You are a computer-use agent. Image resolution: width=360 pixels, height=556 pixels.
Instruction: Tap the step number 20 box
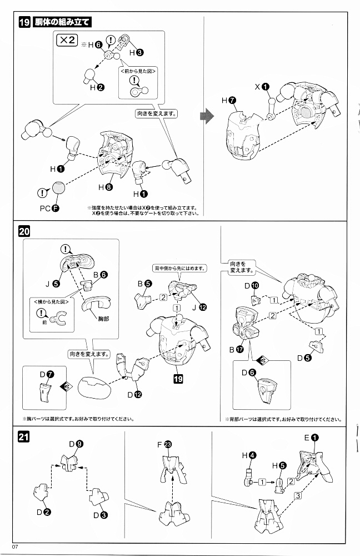click(x=24, y=232)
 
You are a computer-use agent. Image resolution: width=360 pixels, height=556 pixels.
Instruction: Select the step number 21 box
click(x=24, y=436)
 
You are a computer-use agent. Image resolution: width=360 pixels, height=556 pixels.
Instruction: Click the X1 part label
click(x=262, y=87)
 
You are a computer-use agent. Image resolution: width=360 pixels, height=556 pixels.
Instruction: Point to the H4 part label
click(x=248, y=455)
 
